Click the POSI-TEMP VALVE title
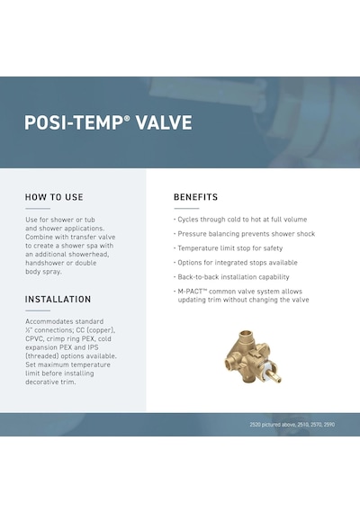[x=108, y=122]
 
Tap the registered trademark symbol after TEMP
[x=127, y=118]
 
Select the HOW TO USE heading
[x=54, y=197]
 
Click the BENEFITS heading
[x=195, y=197]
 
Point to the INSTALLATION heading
[x=58, y=299]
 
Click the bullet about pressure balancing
[x=244, y=234]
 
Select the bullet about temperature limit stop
[x=228, y=248]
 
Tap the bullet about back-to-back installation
[x=231, y=277]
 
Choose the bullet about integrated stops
[x=236, y=263]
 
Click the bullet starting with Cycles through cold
[x=240, y=220]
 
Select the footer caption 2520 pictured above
[x=292, y=424]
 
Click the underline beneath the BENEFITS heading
[x=186, y=209]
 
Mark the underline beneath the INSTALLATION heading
[x=38, y=310]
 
